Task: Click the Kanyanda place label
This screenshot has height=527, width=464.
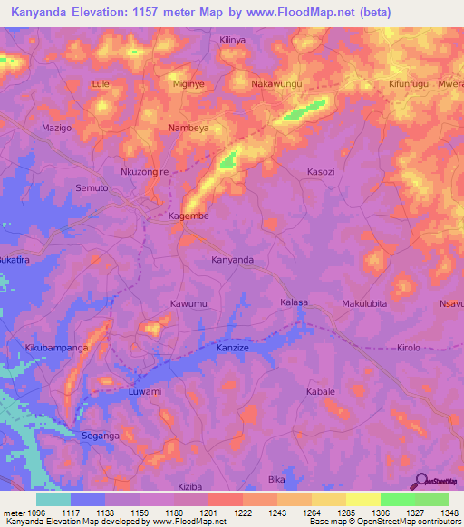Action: pos(232,260)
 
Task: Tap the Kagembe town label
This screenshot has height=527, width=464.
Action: pos(189,216)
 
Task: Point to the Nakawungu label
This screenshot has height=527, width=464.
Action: pos(275,84)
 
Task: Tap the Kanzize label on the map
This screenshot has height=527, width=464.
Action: pos(233,347)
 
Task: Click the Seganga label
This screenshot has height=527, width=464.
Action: pos(101,436)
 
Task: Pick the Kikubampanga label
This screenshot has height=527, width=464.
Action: pos(56,347)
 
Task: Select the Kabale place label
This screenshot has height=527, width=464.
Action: pos(321,391)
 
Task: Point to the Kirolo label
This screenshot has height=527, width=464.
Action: pos(409,347)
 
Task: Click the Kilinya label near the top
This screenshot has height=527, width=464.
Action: pos(233,40)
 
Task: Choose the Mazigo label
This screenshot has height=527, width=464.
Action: pos(56,128)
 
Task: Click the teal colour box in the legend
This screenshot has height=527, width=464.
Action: pos(53,499)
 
